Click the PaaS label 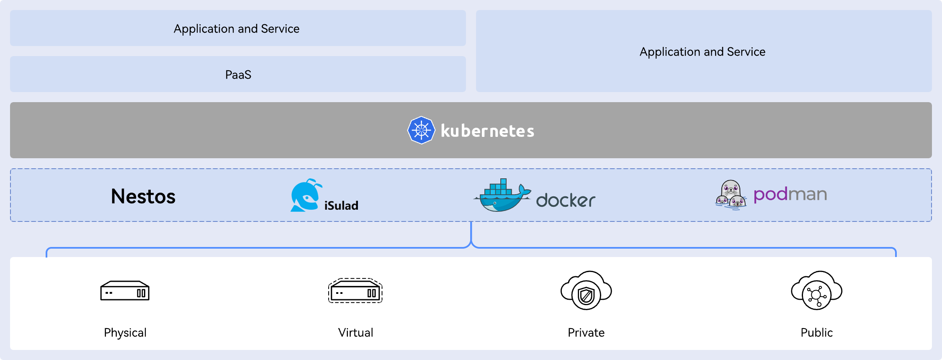[238, 75]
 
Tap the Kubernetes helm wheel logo [421, 130]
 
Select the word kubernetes [487, 131]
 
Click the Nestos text [143, 196]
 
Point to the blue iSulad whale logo [305, 195]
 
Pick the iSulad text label [341, 206]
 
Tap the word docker [566, 201]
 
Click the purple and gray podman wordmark [790, 195]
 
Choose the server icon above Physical [125, 291]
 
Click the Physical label [125, 332]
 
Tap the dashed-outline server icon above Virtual [355, 291]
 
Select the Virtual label [355, 332]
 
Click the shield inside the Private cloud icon [586, 296]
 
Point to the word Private [586, 332]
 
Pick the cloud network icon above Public [816, 291]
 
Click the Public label [816, 332]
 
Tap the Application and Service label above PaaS [237, 28]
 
